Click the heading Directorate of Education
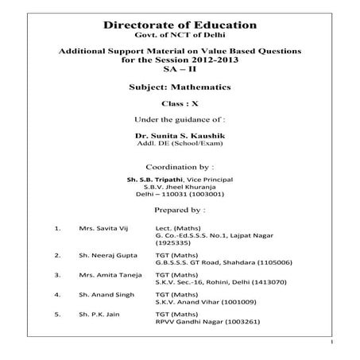click(180, 26)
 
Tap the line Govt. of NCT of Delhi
click(180, 37)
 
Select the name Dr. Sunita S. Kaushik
click(180, 135)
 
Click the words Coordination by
click(180, 167)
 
